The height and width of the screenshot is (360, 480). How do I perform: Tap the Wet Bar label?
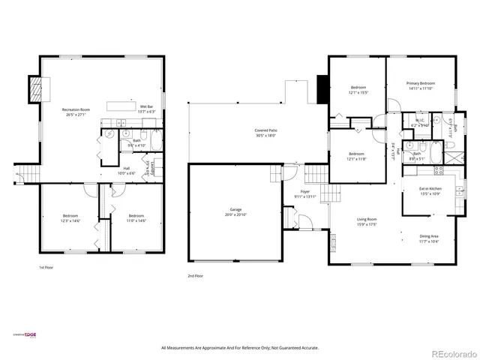click(146, 107)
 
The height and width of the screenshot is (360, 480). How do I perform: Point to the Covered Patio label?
click(266, 131)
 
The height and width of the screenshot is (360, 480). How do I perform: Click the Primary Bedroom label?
click(421, 84)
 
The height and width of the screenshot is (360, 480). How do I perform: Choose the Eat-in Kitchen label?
click(430, 189)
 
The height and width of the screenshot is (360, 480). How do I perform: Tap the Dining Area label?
click(430, 237)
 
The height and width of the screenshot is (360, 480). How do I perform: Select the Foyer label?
click(305, 193)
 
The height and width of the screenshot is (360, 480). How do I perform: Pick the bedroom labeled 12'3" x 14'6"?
click(70, 217)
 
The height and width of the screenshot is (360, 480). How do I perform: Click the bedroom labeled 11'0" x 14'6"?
click(136, 217)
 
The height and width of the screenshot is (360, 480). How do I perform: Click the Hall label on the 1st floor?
click(126, 169)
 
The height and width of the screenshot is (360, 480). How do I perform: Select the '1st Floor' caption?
click(46, 267)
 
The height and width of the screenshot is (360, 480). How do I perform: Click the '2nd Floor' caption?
click(196, 275)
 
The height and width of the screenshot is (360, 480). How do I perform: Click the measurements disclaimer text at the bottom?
click(240, 348)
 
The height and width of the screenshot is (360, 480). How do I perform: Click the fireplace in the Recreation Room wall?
click(35, 91)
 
